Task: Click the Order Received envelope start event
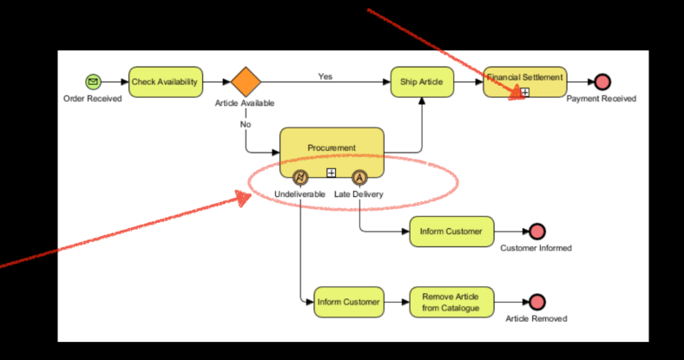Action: (93, 82)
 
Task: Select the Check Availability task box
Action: (166, 82)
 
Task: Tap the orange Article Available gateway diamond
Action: (246, 82)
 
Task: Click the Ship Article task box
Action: (422, 82)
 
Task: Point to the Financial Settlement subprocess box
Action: (525, 82)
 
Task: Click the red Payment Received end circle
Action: (602, 82)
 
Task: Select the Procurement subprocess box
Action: (332, 153)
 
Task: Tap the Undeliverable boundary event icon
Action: (300, 177)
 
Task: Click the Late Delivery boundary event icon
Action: (359, 177)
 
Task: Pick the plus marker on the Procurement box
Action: (332, 173)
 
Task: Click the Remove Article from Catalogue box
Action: (451, 302)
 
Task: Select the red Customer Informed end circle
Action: (537, 232)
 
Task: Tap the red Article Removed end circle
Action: (537, 302)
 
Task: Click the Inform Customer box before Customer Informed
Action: (451, 232)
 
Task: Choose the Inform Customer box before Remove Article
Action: (349, 302)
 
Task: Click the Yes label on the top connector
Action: (326, 76)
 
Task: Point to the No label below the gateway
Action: (246, 124)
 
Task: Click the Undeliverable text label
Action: (299, 194)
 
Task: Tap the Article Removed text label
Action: (536, 318)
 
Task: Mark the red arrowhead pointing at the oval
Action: (243, 198)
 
